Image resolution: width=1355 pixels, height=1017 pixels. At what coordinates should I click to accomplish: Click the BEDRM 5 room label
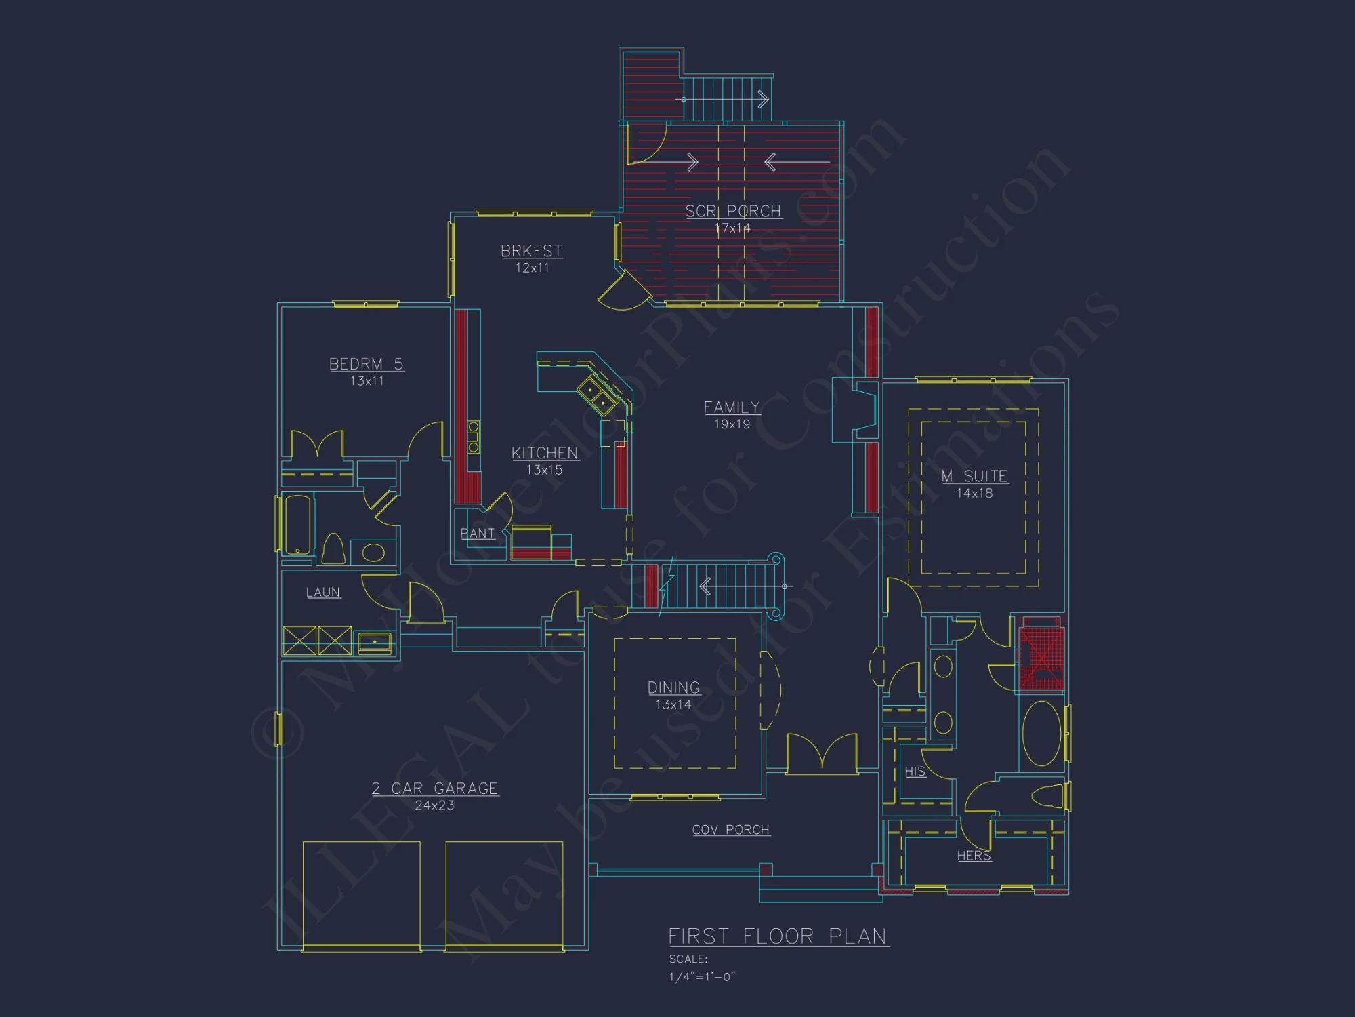click(366, 364)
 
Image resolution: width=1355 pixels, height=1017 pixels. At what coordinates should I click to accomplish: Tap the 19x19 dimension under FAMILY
click(732, 424)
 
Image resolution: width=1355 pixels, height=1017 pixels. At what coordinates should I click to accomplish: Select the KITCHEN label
click(545, 453)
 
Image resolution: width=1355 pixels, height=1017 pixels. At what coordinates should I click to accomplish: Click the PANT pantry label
click(478, 534)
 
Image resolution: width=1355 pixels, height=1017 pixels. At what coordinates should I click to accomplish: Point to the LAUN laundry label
click(323, 593)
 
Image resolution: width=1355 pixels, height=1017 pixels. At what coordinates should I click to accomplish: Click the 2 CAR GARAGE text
click(435, 789)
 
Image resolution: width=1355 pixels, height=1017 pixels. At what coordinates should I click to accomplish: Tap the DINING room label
click(673, 687)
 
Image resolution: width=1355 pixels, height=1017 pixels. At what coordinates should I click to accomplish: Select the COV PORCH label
click(731, 830)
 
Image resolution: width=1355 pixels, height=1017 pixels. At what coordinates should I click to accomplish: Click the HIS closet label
click(915, 772)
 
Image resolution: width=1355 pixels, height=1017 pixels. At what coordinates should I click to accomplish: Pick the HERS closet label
click(974, 856)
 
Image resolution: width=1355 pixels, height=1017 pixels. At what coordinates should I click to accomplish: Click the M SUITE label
click(974, 476)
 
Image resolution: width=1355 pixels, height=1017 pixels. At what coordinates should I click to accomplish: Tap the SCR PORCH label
click(733, 212)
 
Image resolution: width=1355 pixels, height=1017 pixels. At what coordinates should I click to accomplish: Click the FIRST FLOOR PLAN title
click(778, 936)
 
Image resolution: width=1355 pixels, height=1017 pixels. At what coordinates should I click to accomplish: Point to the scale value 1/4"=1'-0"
click(702, 976)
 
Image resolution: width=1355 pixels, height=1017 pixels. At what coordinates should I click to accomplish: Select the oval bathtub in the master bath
click(1041, 734)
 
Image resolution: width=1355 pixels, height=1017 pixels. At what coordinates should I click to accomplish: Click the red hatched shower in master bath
click(1041, 656)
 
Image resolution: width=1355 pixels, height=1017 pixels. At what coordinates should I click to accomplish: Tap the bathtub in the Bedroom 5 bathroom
click(298, 525)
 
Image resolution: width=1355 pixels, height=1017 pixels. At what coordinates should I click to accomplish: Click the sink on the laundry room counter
click(375, 641)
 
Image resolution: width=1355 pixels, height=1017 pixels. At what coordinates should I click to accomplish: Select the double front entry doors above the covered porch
click(822, 753)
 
